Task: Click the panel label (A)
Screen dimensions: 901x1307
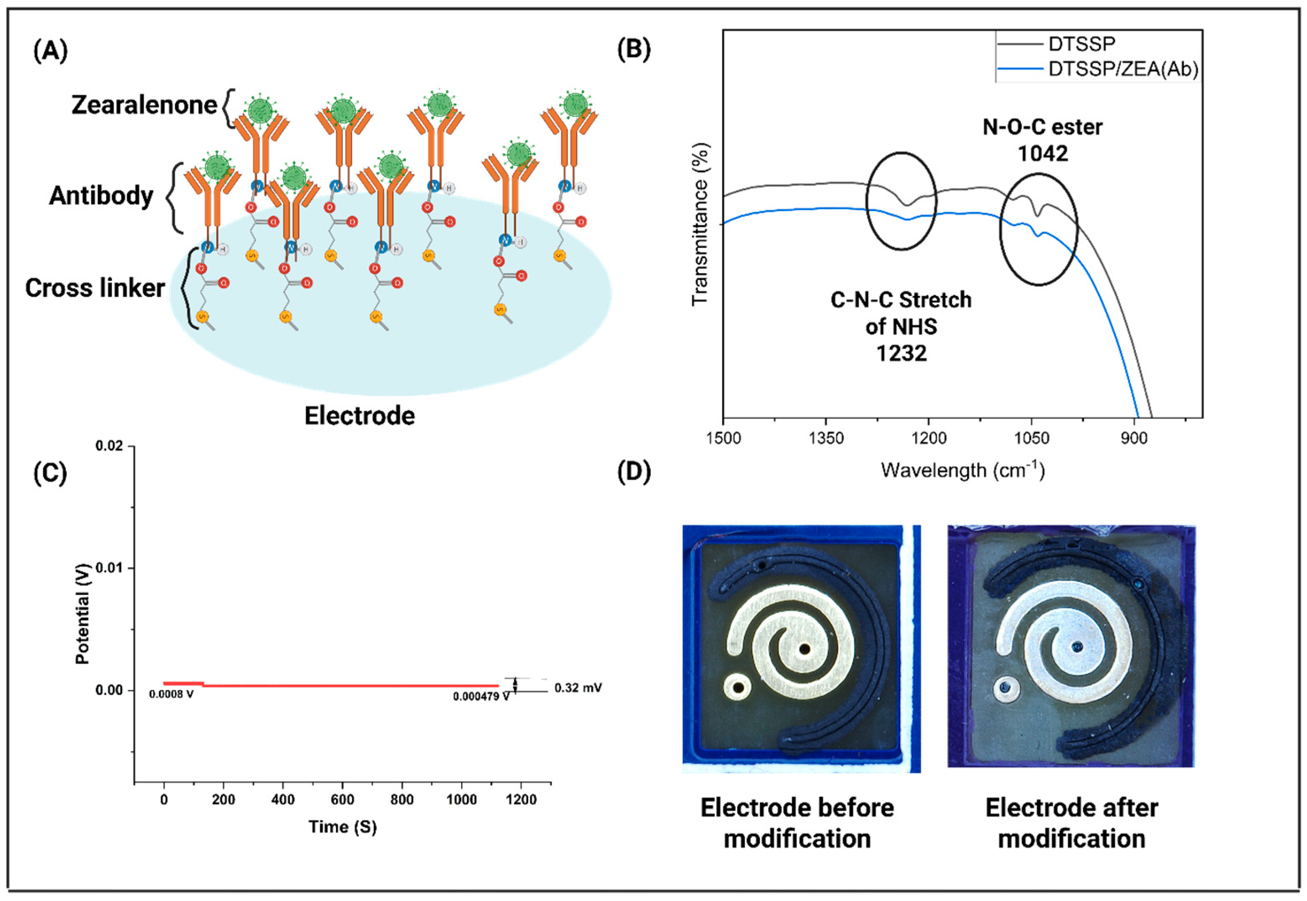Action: [x=51, y=51]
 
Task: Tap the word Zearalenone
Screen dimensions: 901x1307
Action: [x=144, y=105]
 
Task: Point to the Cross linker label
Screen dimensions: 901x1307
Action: [x=95, y=288]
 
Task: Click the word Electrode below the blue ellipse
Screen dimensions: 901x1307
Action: [x=360, y=416]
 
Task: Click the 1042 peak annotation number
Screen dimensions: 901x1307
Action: [x=1042, y=154]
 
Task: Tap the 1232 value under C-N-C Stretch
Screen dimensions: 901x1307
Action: [x=901, y=353]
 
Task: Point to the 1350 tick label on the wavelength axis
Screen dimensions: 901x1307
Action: [x=826, y=439]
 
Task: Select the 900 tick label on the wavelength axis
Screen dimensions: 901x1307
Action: [x=1134, y=439]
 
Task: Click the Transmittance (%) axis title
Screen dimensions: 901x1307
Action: [x=700, y=225]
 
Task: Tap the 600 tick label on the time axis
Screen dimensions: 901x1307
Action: [x=342, y=799]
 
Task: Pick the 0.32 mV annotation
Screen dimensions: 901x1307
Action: [x=578, y=687]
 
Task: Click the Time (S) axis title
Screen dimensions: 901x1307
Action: [x=342, y=827]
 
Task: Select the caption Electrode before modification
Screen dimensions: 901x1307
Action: [x=797, y=823]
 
